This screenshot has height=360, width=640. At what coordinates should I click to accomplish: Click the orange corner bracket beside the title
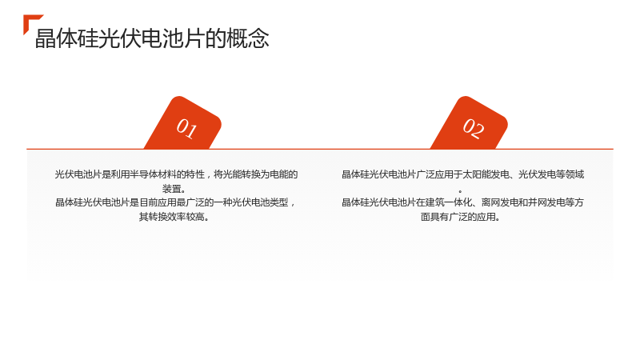click(x=29, y=21)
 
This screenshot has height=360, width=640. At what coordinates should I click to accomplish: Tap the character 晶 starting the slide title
click(x=46, y=38)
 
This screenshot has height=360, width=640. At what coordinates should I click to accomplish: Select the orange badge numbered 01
click(x=182, y=123)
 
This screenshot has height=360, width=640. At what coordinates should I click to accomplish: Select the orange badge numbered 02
click(x=469, y=123)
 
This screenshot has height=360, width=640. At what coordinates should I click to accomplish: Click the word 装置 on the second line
click(x=171, y=189)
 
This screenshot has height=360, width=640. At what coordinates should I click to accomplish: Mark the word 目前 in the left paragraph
click(x=149, y=202)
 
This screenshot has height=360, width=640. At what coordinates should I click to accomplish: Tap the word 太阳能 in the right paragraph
click(x=476, y=174)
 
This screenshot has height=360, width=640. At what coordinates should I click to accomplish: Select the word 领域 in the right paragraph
click(x=574, y=174)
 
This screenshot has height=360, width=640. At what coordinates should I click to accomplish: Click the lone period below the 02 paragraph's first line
click(x=461, y=191)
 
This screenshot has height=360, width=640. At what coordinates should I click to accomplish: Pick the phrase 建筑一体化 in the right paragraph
click(x=448, y=202)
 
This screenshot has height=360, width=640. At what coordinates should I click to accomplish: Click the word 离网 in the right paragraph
click(x=490, y=202)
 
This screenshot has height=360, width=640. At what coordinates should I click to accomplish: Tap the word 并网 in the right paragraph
click(x=537, y=202)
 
